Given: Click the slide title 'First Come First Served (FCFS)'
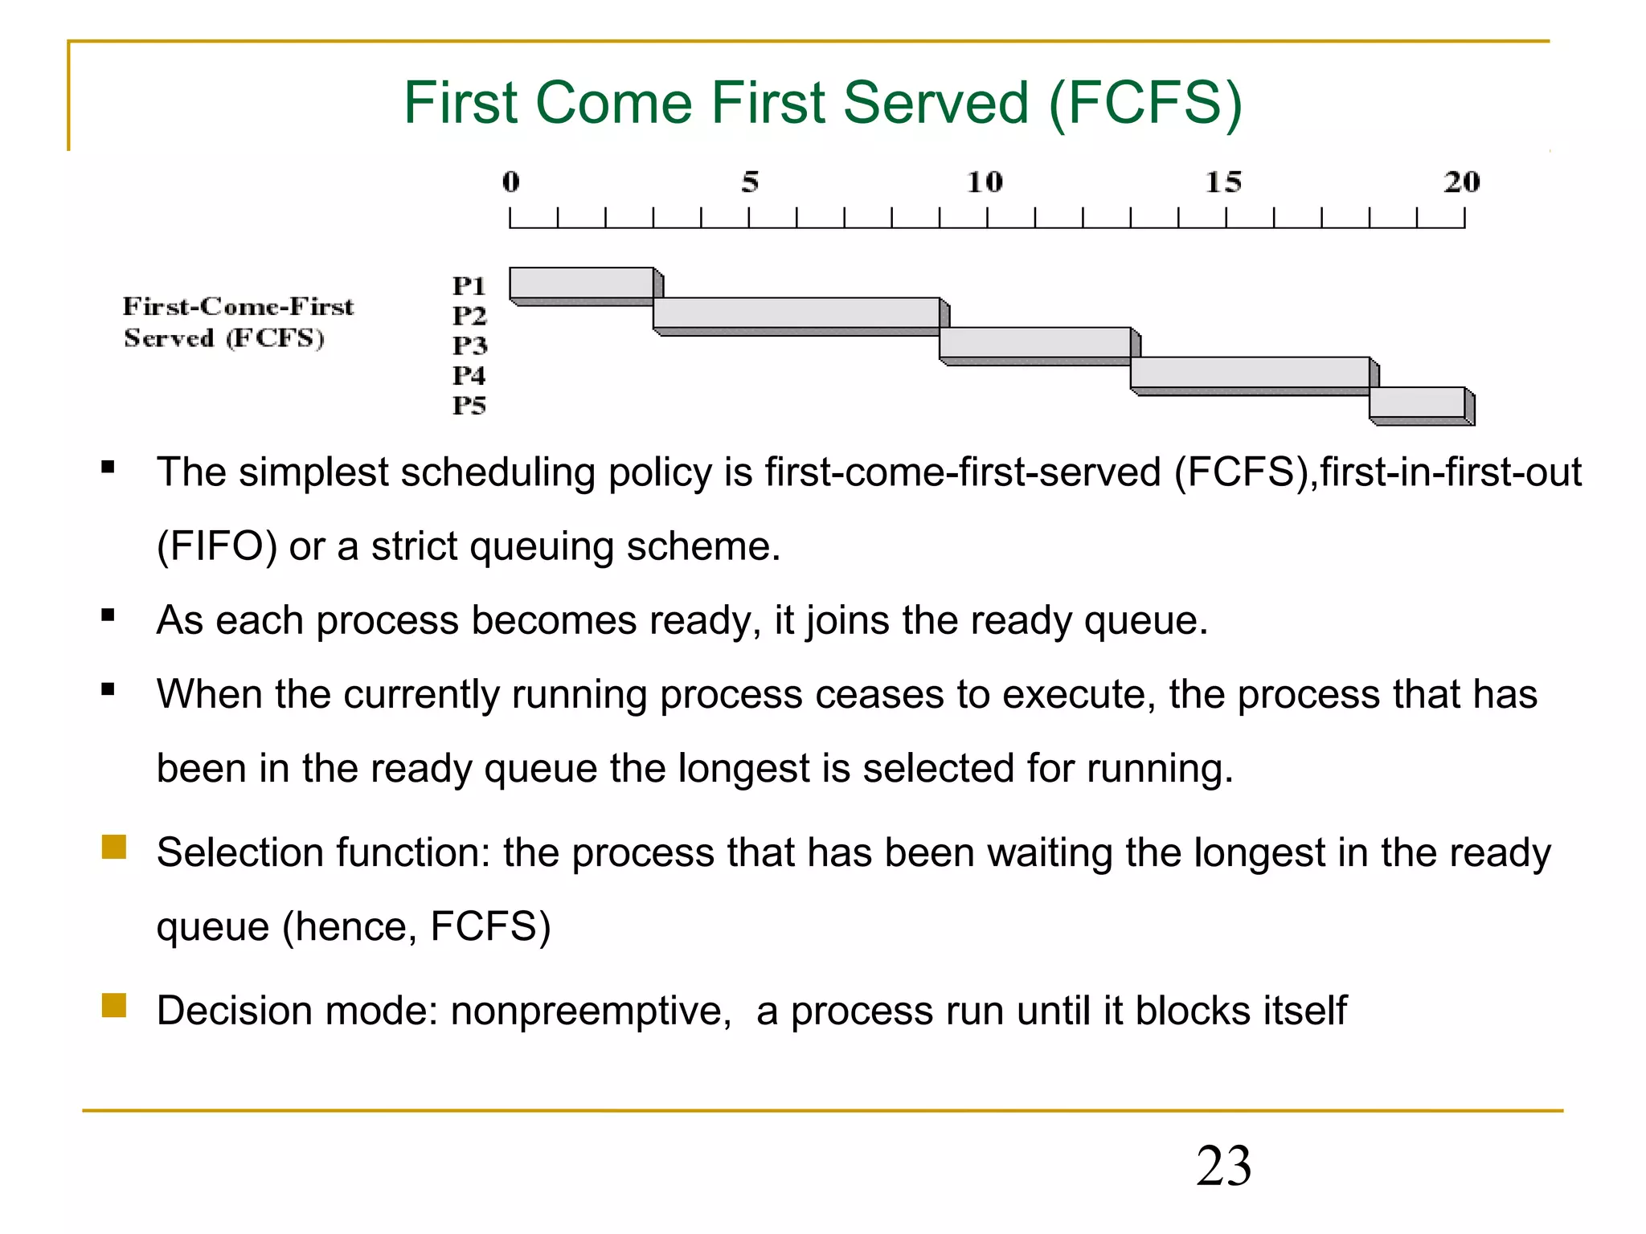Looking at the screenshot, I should (x=822, y=103).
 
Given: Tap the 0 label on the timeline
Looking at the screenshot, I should (x=511, y=182).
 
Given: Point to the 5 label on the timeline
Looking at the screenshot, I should (x=750, y=182).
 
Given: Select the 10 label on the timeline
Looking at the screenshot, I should (x=985, y=182).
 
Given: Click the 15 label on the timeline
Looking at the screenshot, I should (x=1223, y=182).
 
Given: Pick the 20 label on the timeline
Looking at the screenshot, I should (x=1461, y=182).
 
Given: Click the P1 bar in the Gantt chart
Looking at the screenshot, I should (x=582, y=283).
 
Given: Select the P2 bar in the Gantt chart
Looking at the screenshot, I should (x=796, y=313).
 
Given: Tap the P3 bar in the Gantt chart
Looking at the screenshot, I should (x=1035, y=342).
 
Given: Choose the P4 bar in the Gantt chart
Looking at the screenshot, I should (x=1250, y=372).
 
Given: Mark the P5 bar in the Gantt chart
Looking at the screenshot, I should (x=1417, y=402).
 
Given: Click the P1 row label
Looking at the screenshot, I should (x=469, y=286).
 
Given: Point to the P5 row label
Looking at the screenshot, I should (x=469, y=405).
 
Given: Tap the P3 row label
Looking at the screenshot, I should (x=469, y=345).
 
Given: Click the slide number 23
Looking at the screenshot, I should (x=1223, y=1166).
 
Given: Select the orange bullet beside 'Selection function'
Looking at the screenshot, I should (x=114, y=848).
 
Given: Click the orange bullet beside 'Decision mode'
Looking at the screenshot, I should (x=114, y=1006).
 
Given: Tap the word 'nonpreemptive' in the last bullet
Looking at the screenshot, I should (x=590, y=1011).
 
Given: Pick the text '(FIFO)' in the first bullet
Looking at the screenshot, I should (x=217, y=547).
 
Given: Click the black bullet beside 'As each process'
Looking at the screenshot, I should (x=109, y=616).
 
